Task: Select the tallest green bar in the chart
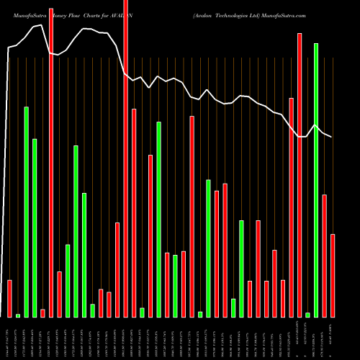point(316,180)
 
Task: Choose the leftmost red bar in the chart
point(9,298)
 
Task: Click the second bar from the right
point(325,256)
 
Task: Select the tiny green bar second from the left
point(18,315)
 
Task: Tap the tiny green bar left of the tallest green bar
point(307,314)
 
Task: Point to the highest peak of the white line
point(86,29)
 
